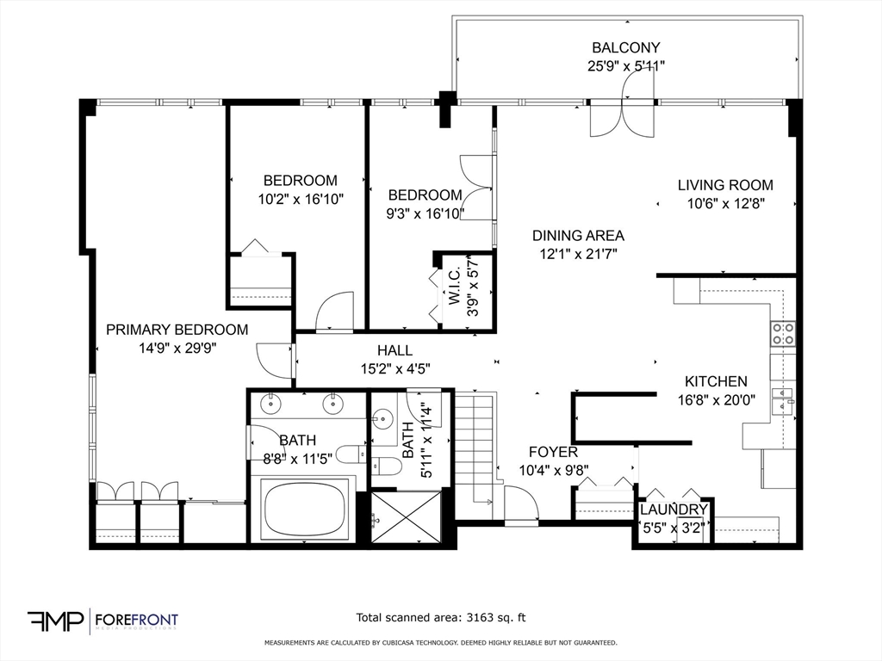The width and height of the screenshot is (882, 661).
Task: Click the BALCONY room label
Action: pyautogui.click(x=625, y=48)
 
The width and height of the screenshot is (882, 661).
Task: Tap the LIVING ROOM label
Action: pyautogui.click(x=724, y=185)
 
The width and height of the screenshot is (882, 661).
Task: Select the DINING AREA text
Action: pyautogui.click(x=577, y=236)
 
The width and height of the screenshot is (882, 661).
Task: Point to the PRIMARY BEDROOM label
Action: pyautogui.click(x=177, y=330)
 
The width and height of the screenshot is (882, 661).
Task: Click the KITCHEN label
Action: pyautogui.click(x=715, y=381)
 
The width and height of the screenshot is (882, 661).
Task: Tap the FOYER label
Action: pyautogui.click(x=552, y=452)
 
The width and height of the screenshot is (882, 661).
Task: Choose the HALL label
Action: pyautogui.click(x=394, y=350)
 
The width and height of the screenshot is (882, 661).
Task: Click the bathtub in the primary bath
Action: pyautogui.click(x=305, y=510)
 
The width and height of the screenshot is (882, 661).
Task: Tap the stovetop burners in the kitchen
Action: pyautogui.click(x=782, y=334)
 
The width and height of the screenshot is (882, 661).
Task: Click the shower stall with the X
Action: pyautogui.click(x=406, y=517)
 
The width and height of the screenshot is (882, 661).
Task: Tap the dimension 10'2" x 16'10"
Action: pyautogui.click(x=300, y=199)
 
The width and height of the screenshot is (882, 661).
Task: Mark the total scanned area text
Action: pyautogui.click(x=440, y=617)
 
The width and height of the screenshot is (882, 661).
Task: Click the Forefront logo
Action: pyautogui.click(x=102, y=621)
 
